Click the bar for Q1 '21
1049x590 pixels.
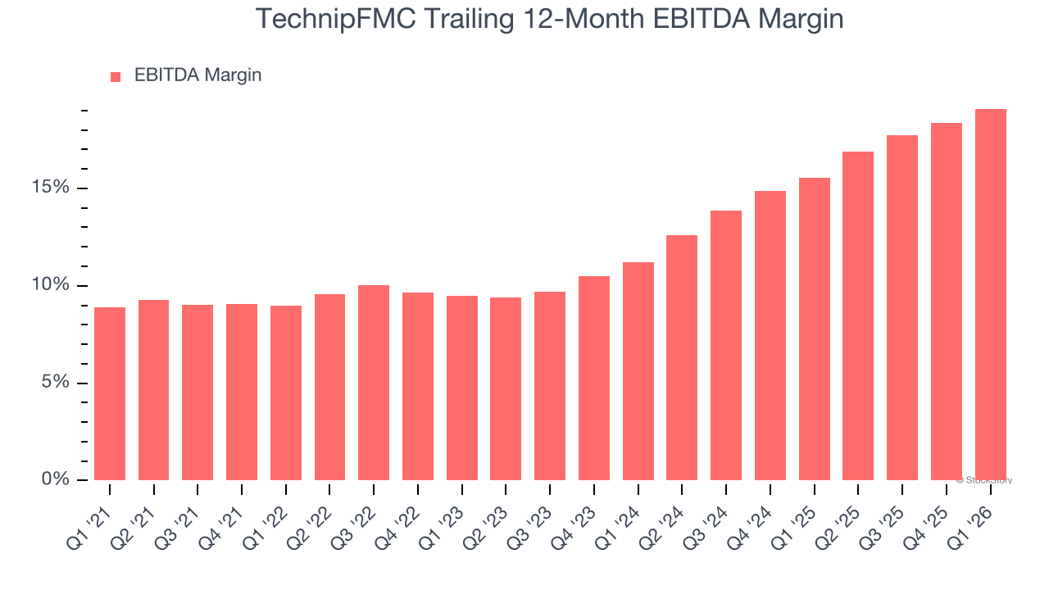[x=110, y=393]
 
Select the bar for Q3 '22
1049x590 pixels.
[x=374, y=383]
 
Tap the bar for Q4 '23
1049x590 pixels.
[x=594, y=378]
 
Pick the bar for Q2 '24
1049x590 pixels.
[x=682, y=357]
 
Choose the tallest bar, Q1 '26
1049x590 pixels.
[x=990, y=294]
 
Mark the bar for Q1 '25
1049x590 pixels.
[x=814, y=329]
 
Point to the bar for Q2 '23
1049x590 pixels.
[x=506, y=388]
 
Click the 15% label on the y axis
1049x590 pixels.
[x=49, y=188]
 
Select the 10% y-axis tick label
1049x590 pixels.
[x=49, y=285]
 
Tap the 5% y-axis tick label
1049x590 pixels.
[x=54, y=383]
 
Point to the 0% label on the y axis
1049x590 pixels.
[x=54, y=479]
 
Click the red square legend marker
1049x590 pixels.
[x=116, y=76]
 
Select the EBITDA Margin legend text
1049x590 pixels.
[x=198, y=75]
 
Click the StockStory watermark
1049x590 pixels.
[x=984, y=480]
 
